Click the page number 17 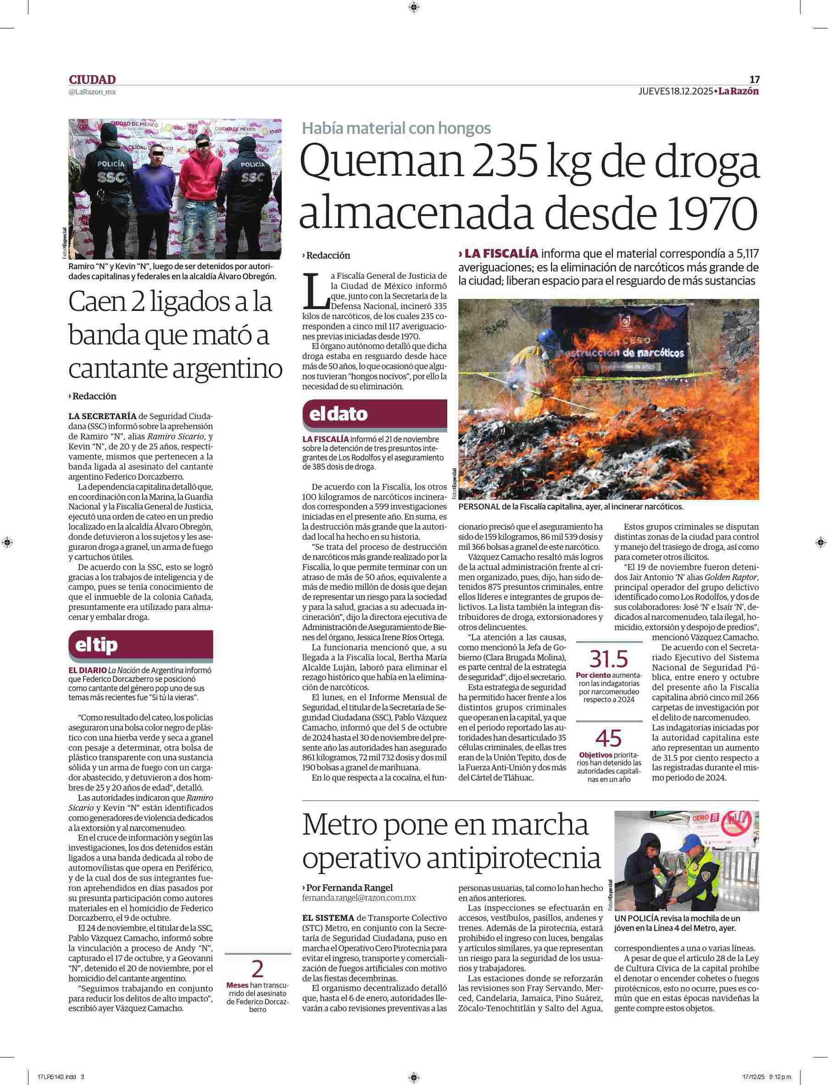coord(754,79)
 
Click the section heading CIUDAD coord(92,79)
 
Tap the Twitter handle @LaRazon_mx coord(92,92)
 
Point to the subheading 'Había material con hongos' coord(396,128)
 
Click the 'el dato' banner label coord(338,414)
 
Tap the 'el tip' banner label coord(96,645)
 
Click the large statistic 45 coord(609,737)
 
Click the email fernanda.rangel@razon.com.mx coord(359,897)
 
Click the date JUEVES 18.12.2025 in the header coord(675,91)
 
